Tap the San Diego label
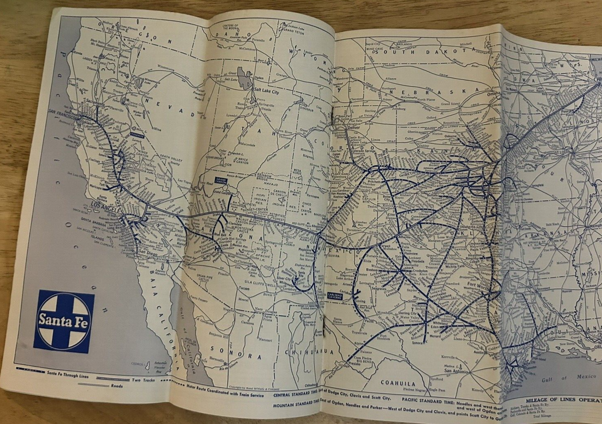coord(148,253)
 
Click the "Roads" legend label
coord(117,386)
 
